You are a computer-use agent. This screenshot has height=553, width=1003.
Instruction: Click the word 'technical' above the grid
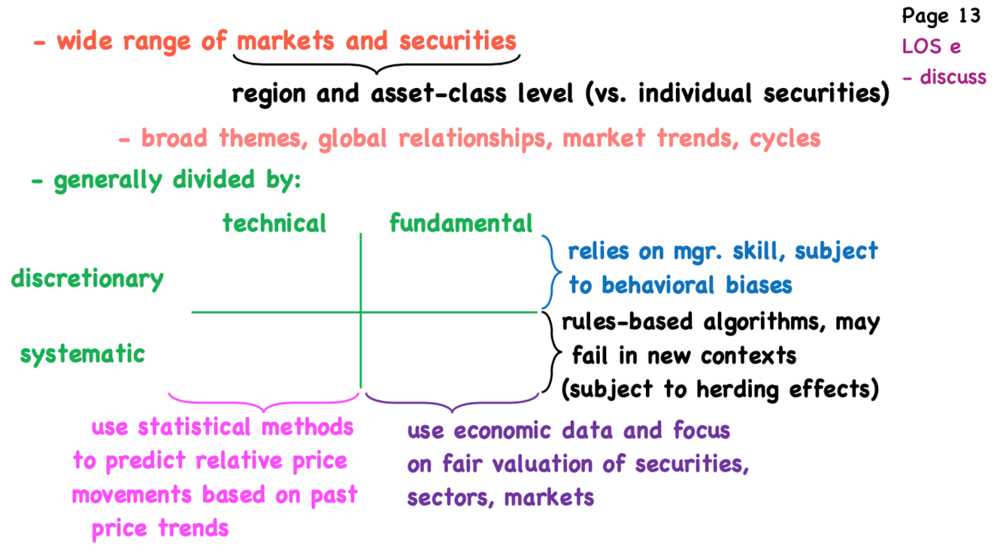pyautogui.click(x=274, y=223)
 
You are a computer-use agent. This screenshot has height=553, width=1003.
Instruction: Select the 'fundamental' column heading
pyautogui.click(x=460, y=223)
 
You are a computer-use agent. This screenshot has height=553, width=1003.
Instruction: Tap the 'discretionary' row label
pyautogui.click(x=87, y=279)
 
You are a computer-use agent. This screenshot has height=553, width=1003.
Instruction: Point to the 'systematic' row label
pyautogui.click(x=83, y=354)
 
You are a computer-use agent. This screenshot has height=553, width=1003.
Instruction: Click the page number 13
pyautogui.click(x=971, y=16)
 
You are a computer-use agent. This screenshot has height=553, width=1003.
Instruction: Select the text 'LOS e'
pyautogui.click(x=932, y=46)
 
